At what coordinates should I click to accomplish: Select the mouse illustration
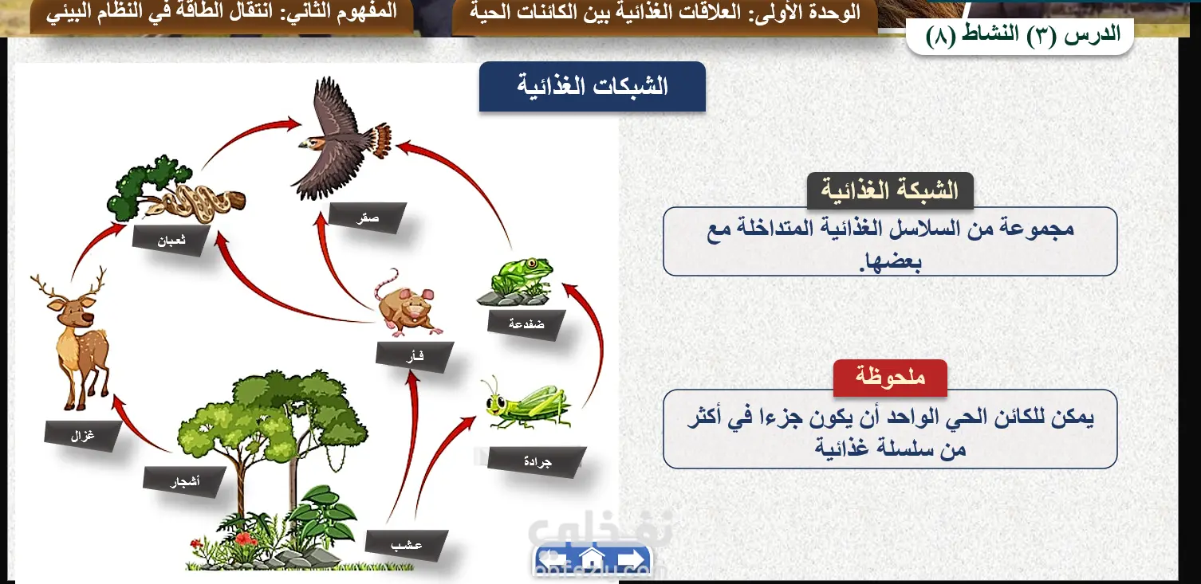[408, 305]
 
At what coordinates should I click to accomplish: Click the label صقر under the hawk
[368, 218]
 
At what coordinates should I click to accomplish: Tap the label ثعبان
[171, 241]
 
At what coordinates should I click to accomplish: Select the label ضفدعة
[526, 323]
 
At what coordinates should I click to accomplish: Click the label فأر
[415, 356]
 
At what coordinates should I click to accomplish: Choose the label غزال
[83, 436]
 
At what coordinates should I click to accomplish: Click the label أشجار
[185, 482]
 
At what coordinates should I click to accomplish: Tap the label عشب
[407, 545]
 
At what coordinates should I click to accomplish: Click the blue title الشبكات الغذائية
[593, 86]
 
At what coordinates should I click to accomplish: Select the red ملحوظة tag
[890, 378]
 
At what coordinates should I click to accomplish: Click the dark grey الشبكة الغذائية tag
[890, 190]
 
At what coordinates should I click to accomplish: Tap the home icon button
[592, 559]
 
